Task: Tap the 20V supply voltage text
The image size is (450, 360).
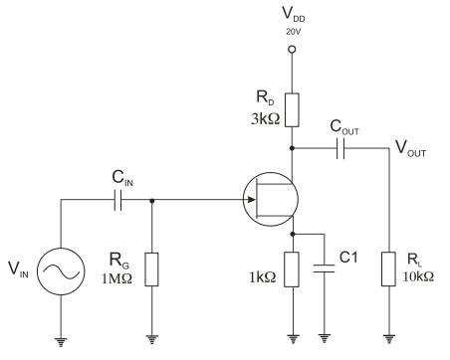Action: tap(292, 32)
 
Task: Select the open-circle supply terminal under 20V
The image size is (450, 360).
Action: tap(292, 49)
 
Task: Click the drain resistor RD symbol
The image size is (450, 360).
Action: tap(292, 107)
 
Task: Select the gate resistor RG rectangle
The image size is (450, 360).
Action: tap(150, 269)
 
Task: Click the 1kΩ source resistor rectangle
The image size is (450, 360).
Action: tap(292, 269)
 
